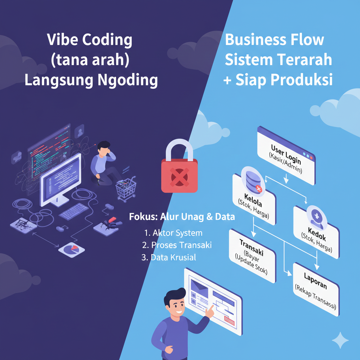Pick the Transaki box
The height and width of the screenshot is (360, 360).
tap(252, 256)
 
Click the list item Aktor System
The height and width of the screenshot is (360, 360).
tap(173, 233)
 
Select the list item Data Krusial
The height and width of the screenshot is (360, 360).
tap(169, 257)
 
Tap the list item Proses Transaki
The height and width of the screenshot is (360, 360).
tap(177, 245)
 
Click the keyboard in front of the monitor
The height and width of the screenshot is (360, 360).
tap(73, 212)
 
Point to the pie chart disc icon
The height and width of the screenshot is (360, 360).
tap(71, 249)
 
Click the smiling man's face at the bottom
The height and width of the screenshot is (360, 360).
tap(175, 303)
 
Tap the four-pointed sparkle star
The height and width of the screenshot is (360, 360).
tap(340, 340)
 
